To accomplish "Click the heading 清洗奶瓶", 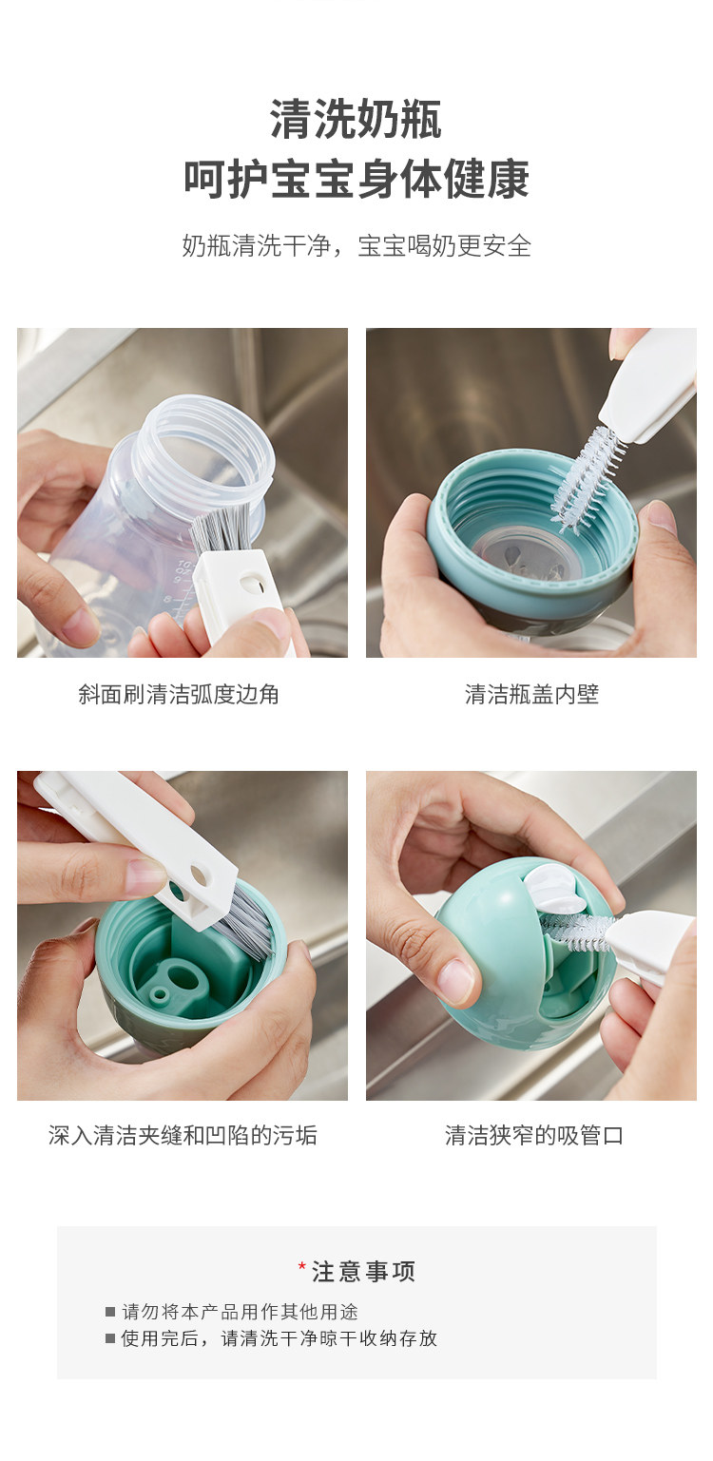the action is click(x=356, y=120).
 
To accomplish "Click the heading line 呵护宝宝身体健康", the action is click(x=356, y=179).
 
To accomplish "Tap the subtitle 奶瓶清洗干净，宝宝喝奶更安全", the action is click(x=356, y=246).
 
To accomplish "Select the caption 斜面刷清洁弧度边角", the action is click(x=179, y=695).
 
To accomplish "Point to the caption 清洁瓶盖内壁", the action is click(x=531, y=695).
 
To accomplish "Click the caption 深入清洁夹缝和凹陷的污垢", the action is click(x=183, y=1136).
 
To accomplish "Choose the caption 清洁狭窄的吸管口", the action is click(x=534, y=1136).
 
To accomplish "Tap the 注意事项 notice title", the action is click(x=363, y=1271).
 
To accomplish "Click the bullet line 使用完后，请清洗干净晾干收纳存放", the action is click(x=279, y=1338).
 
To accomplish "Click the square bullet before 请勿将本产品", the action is click(x=110, y=1312).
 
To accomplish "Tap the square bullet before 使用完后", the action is click(x=110, y=1338).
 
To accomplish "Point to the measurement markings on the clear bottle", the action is click(x=182, y=586).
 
